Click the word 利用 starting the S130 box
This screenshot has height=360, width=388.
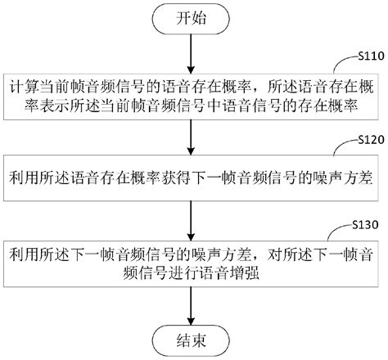(x=23, y=236)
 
